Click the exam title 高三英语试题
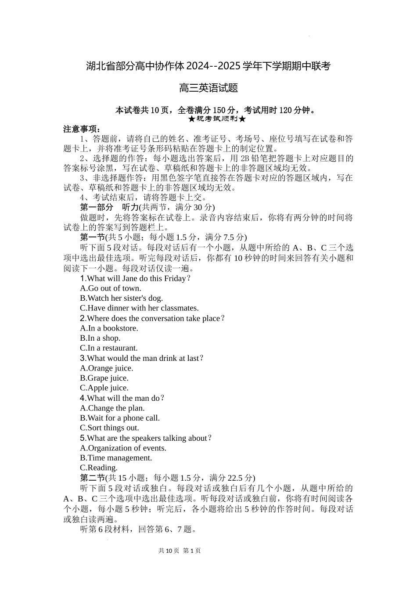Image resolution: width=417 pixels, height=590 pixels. click(x=208, y=88)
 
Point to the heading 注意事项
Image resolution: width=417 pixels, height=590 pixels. click(x=82, y=129)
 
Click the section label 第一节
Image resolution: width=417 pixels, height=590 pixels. click(x=93, y=237)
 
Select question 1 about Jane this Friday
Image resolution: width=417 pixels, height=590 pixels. click(x=136, y=278)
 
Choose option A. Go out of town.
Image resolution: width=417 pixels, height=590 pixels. click(x=111, y=288)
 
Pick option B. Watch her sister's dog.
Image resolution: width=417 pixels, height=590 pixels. click(x=122, y=298)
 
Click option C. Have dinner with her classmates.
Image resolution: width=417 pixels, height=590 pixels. click(x=139, y=308)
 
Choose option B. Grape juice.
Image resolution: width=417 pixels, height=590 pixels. click(x=104, y=378)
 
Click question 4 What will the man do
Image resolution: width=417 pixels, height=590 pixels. click(x=122, y=398)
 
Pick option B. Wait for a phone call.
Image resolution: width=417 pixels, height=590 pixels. click(x=120, y=418)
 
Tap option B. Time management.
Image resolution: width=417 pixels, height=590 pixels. click(x=116, y=458)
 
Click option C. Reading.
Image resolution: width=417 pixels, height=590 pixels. click(x=99, y=468)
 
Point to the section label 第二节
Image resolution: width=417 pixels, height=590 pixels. click(x=93, y=478)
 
